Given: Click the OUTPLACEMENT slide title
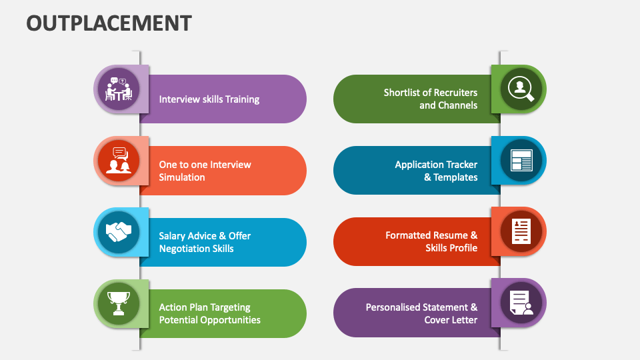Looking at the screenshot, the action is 109,23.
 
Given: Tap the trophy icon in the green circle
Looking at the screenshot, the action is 119,303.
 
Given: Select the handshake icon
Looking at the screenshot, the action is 119,232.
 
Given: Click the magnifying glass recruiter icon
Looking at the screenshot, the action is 521,89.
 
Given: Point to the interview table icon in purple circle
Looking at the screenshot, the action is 119,89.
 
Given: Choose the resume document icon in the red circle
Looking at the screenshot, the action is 521,231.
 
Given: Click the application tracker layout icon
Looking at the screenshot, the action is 521,160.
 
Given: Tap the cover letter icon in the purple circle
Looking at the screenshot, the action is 521,303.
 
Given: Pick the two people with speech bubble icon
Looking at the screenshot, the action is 119,161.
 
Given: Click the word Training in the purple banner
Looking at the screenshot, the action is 242,99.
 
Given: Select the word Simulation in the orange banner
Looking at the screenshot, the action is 182,177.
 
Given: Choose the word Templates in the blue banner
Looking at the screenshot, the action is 455,177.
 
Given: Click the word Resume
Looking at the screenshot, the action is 451,235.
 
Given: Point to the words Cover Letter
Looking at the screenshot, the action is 451,320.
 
